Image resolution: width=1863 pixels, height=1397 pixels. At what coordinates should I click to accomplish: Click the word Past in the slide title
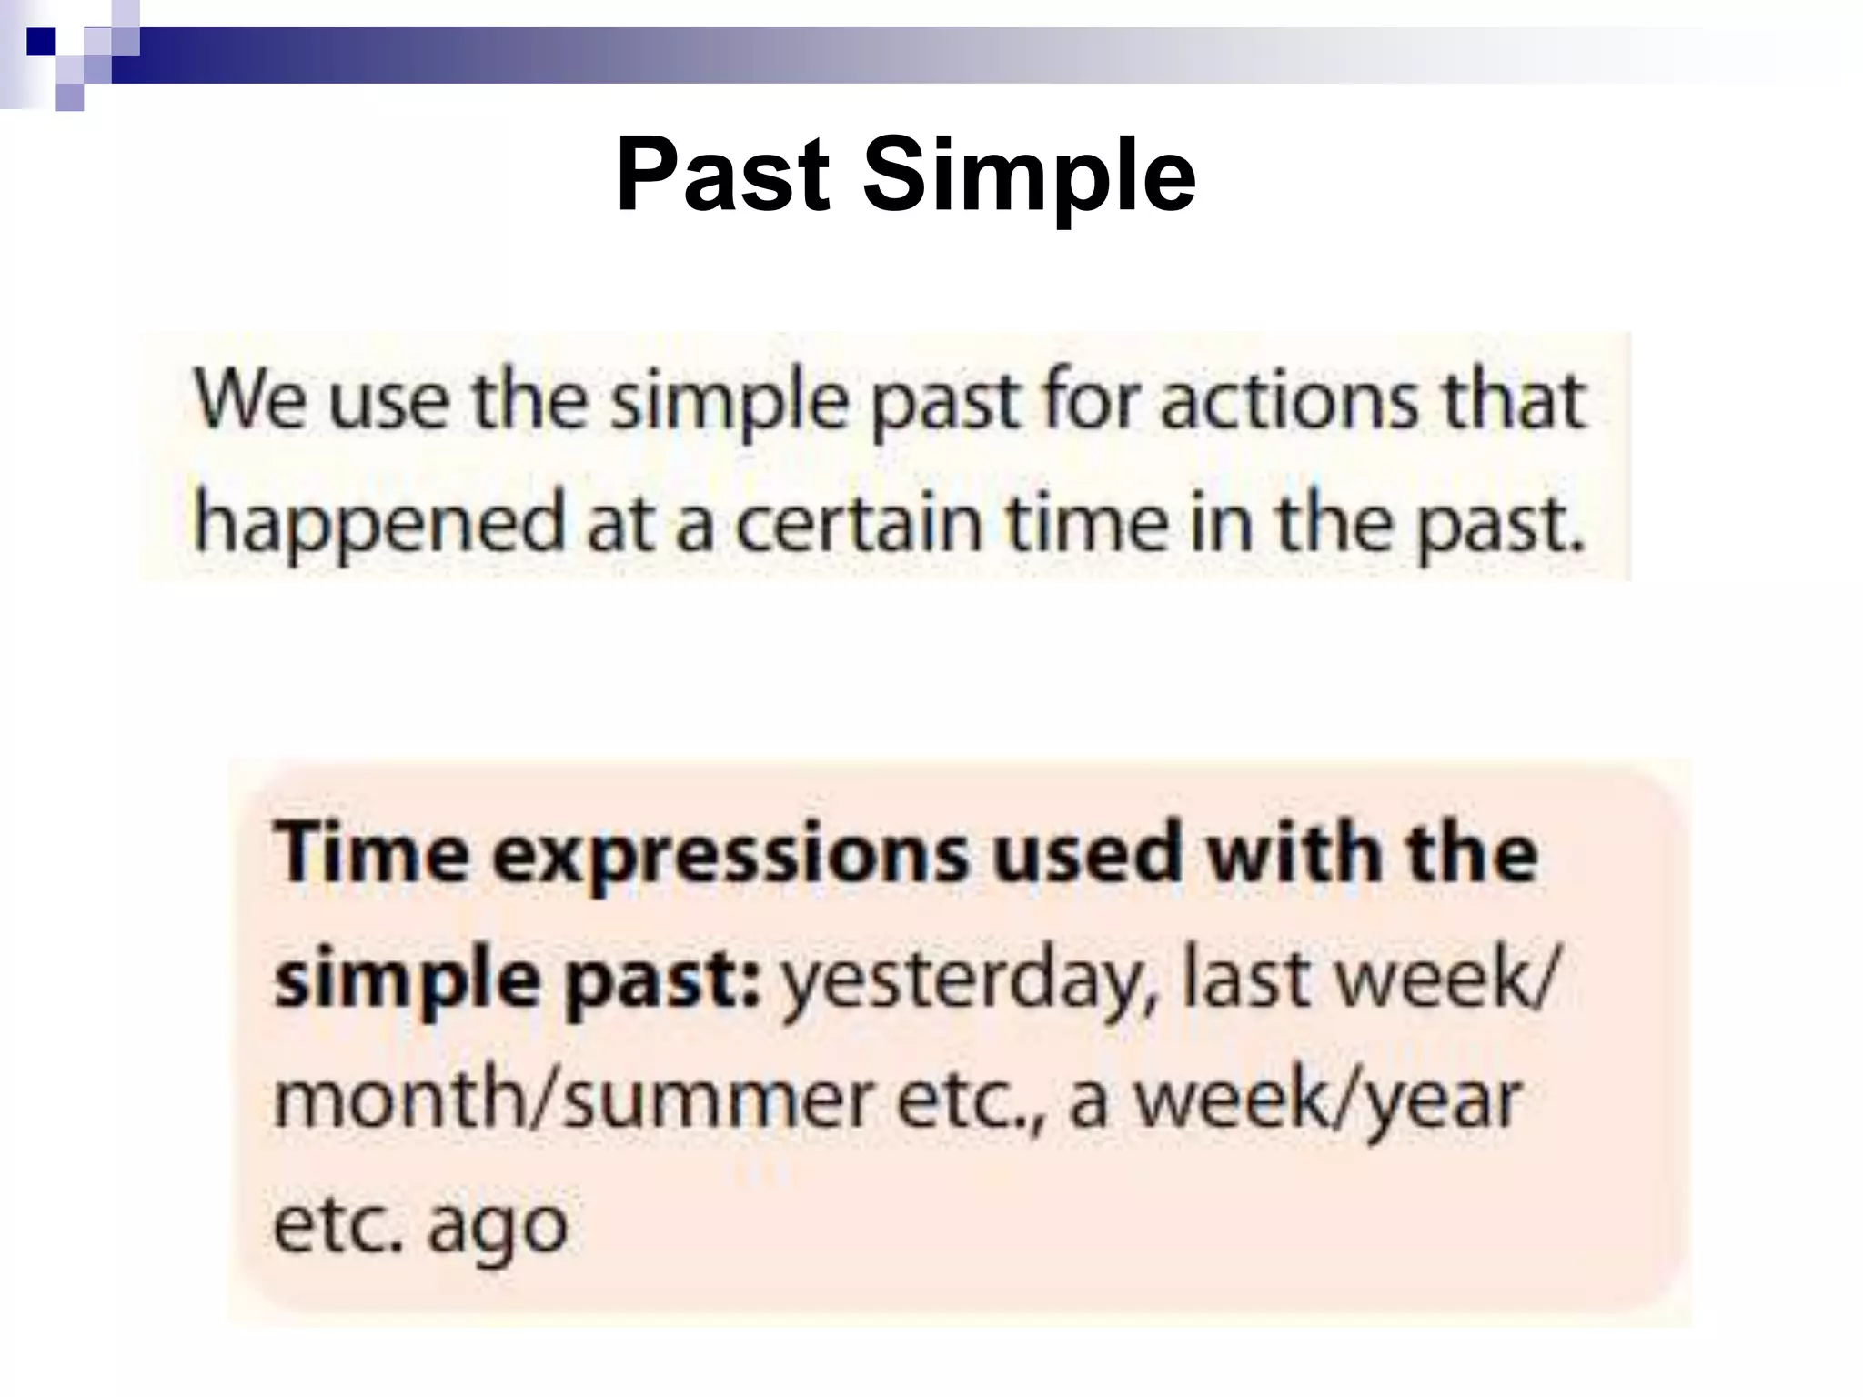pyautogui.click(x=723, y=175)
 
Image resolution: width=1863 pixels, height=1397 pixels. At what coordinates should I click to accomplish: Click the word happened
pyautogui.click(x=381, y=525)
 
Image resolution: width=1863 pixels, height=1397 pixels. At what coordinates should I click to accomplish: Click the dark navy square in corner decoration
pyautogui.click(x=42, y=42)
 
